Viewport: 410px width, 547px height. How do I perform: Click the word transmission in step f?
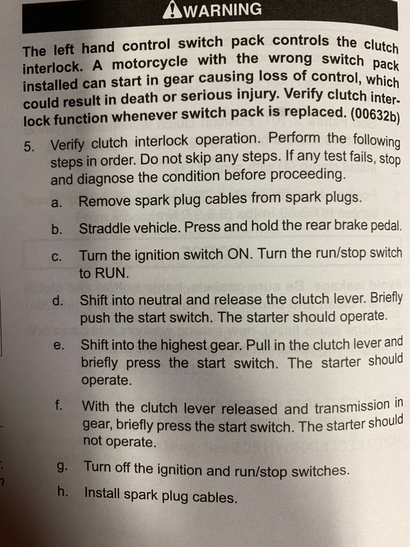coord(352,407)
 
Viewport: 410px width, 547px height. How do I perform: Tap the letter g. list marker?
coord(62,466)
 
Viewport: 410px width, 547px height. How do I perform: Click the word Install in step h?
coord(102,493)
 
